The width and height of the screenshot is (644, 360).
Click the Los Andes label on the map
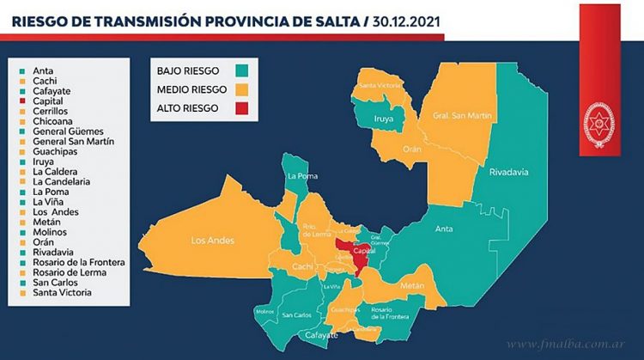pos(214,241)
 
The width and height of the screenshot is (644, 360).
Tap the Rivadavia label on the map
pos(508,172)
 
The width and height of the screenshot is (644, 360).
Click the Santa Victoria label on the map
pos(379,86)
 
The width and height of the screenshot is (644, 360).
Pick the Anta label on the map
pos(444,229)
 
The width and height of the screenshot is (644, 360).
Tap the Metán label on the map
pos(412,284)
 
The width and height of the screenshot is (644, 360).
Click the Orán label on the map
pos(413,149)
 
